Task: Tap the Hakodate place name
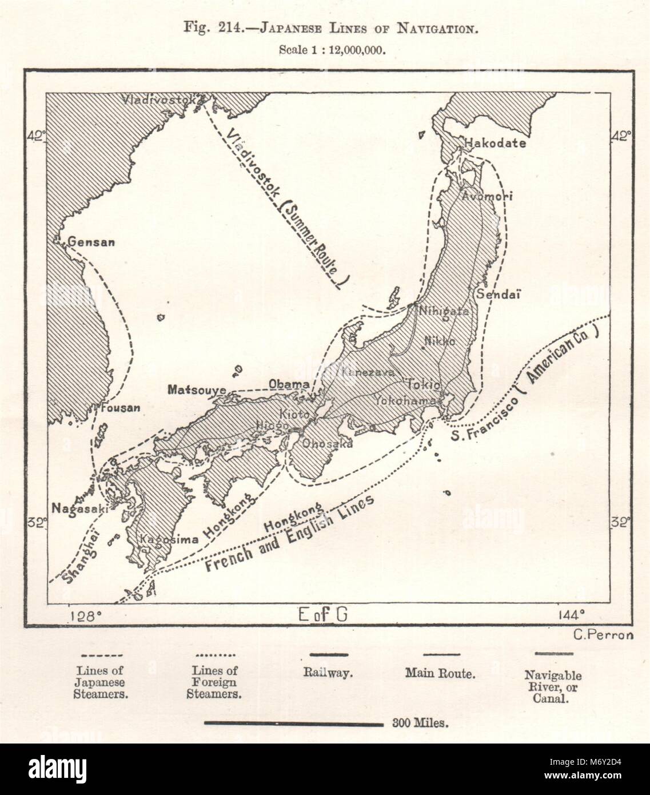tap(495, 144)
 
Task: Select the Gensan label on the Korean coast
tap(91, 242)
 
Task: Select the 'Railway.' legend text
tap(328, 674)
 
